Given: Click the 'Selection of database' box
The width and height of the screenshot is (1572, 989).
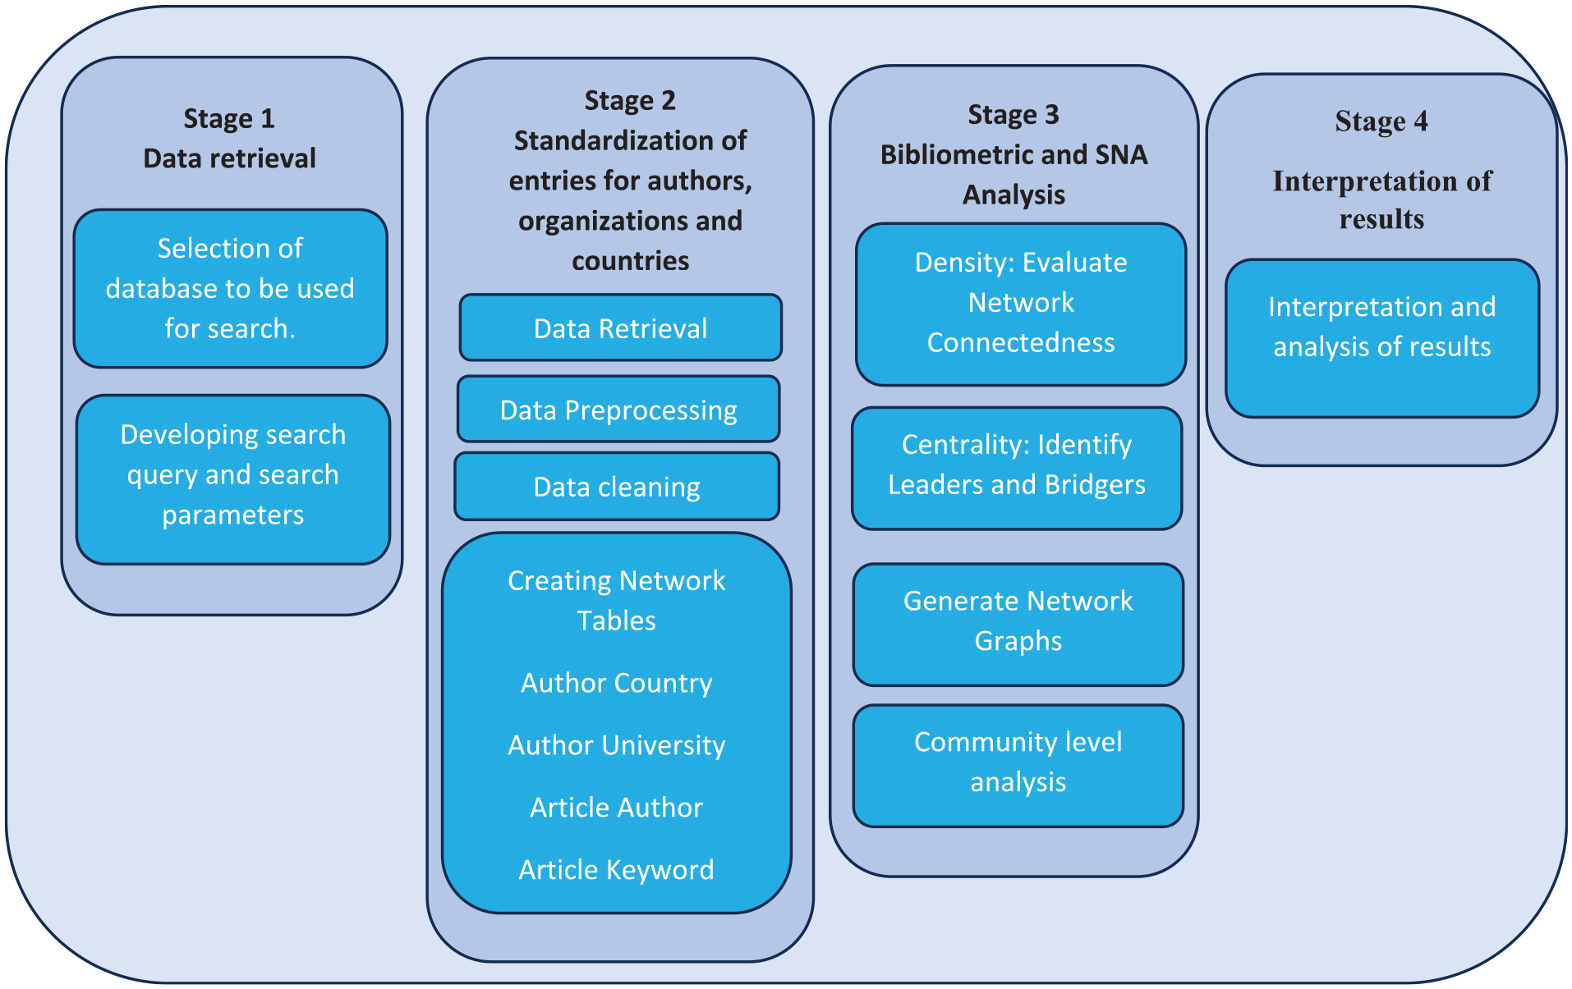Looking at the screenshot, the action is click(230, 288).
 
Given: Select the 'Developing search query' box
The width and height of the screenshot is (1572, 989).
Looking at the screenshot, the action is click(233, 479).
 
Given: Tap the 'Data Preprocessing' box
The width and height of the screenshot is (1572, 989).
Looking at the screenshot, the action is click(618, 409).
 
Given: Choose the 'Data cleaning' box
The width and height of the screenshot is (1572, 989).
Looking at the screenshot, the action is click(617, 486).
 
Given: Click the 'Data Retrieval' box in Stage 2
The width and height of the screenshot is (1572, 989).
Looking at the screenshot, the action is click(620, 327).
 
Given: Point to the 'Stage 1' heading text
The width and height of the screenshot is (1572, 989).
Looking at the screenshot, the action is click(229, 119).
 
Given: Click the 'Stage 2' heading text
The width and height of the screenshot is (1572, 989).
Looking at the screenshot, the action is click(630, 101).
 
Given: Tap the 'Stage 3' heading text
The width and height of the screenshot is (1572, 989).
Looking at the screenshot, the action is click(1014, 115).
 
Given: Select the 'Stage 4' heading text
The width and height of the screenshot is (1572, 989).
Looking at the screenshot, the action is click(1381, 121).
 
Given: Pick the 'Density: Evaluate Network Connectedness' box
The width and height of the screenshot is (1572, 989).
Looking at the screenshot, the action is click(1021, 304).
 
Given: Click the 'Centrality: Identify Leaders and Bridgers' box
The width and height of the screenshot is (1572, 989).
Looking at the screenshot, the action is click(1017, 469).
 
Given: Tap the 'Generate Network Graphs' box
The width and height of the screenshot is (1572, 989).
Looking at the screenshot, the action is click(1018, 625).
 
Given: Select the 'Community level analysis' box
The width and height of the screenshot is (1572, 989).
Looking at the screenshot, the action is click(1018, 766).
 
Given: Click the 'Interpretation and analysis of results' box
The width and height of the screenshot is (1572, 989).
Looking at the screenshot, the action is click(1382, 338).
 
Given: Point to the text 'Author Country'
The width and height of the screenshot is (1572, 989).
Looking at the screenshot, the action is click(617, 683).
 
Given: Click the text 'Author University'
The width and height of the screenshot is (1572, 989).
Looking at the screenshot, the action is click(617, 745).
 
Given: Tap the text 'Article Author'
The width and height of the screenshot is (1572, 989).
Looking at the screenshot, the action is click(617, 808).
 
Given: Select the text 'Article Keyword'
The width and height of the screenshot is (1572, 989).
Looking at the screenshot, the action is click(617, 870).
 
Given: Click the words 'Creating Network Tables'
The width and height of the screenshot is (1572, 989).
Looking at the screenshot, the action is click(617, 600).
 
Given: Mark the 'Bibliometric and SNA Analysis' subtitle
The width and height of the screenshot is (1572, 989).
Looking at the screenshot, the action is click(1014, 175).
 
